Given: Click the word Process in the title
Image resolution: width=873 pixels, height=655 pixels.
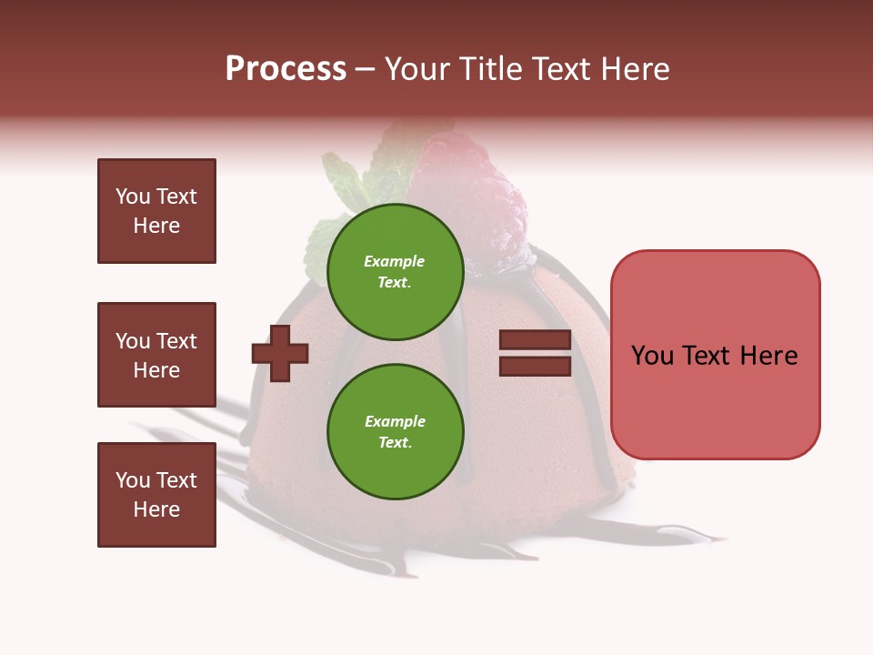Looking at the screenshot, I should click(x=286, y=69).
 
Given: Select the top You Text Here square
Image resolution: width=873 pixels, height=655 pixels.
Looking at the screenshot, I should click(x=156, y=211).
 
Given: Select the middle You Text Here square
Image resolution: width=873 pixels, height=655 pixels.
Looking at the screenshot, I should click(x=156, y=355).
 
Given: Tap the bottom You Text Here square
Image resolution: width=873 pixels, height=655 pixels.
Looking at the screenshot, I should click(x=156, y=494).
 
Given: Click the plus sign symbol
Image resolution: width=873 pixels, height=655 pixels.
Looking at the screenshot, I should click(x=280, y=353).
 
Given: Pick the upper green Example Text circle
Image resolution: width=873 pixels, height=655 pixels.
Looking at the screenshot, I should click(x=395, y=272).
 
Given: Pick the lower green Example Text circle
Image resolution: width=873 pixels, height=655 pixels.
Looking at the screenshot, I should click(x=395, y=432).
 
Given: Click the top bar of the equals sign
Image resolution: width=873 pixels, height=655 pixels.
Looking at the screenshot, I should click(x=535, y=340).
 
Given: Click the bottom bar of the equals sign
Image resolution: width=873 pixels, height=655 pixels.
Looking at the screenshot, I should click(x=535, y=366).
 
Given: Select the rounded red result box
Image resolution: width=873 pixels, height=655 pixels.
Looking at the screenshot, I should click(x=715, y=355).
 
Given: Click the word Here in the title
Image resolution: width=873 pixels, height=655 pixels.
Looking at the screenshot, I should click(x=634, y=69).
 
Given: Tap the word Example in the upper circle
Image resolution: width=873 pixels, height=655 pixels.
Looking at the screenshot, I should click(x=395, y=262).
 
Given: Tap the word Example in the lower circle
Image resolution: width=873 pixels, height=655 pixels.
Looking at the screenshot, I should click(x=395, y=422).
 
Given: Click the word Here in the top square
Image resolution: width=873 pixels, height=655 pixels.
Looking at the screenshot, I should click(x=156, y=226).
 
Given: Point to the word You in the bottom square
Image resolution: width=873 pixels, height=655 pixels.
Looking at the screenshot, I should click(x=132, y=480).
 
